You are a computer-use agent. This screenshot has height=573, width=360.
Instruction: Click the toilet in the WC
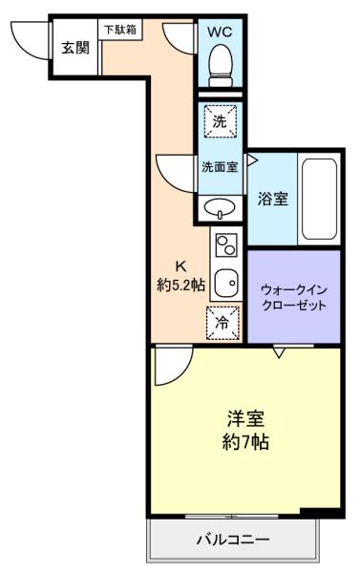point(221,65)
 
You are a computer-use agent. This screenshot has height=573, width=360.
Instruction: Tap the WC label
point(220,32)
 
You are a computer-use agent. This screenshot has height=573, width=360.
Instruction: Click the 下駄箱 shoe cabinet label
point(120,30)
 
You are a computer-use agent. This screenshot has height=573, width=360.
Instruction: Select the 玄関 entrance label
point(75,48)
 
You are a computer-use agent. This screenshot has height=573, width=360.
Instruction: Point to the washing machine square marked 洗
point(220,121)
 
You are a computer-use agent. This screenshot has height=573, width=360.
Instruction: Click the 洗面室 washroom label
point(220,167)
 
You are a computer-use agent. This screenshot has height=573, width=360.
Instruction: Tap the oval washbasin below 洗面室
point(220,208)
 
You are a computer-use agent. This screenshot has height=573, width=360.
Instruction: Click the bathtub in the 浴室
point(320,200)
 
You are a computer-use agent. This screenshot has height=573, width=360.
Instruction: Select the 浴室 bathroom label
point(272,199)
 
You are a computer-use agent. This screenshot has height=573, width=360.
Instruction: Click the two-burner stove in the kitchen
point(226,245)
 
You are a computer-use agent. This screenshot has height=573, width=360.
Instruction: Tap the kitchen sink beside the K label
point(226,284)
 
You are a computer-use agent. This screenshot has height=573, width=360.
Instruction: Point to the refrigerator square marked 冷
point(222,323)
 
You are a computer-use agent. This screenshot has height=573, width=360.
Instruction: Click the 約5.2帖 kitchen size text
point(180,285)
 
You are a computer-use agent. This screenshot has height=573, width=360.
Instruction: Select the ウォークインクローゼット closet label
point(294,297)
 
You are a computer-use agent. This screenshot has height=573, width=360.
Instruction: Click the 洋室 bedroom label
point(245,418)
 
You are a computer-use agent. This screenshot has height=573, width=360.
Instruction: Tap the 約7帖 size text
point(245,442)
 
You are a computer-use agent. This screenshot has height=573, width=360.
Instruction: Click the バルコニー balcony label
point(233,539)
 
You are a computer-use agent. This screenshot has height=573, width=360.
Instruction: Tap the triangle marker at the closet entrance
point(279,352)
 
